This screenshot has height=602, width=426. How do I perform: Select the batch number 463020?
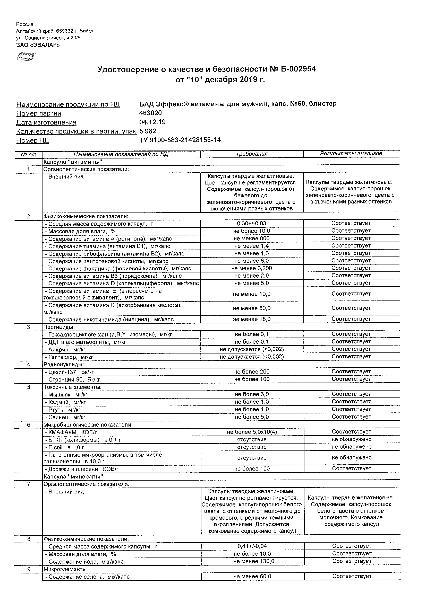(x=150, y=113)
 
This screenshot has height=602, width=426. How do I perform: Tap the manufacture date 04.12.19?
(x=152, y=122)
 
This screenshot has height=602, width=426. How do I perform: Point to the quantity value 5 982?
(x=148, y=131)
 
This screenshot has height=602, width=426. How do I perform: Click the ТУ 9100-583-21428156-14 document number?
(x=180, y=140)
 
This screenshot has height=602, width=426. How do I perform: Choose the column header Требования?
(x=251, y=154)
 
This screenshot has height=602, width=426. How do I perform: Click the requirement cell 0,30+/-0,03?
(x=251, y=223)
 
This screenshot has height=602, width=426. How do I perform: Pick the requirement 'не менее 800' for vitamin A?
(x=252, y=238)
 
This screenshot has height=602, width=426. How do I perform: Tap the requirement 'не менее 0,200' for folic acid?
(x=251, y=268)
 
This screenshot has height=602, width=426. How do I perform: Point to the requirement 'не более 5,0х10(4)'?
(x=252, y=432)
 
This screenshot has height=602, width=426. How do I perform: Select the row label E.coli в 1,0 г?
(x=64, y=447)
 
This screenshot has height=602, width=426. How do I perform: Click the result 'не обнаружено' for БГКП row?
(x=352, y=439)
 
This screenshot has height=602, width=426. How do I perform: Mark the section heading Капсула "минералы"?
(x=73, y=476)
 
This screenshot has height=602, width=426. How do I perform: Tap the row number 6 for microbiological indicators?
(x=29, y=425)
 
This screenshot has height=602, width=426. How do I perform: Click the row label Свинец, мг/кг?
(x=67, y=417)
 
